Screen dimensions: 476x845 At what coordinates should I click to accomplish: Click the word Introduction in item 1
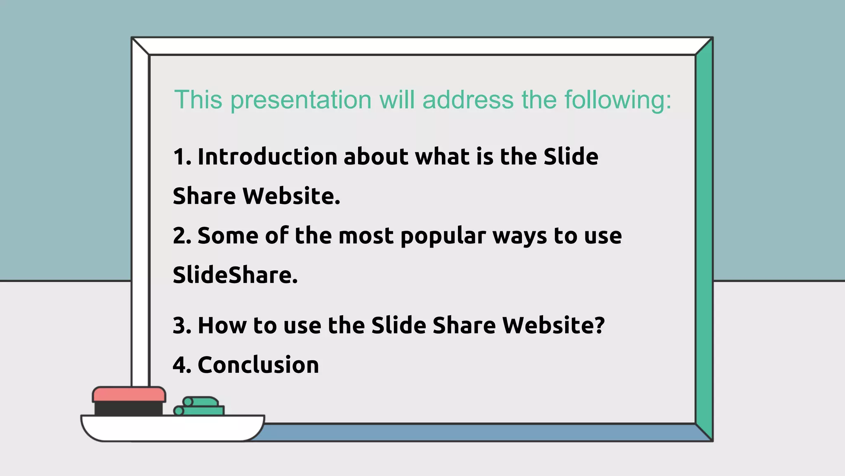[267, 157]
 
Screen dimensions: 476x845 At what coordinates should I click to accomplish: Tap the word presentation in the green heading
[301, 100]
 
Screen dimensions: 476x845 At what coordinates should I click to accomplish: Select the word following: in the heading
[618, 100]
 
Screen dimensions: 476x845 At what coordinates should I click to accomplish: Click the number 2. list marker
[182, 236]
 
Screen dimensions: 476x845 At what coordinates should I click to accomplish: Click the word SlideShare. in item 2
[235, 275]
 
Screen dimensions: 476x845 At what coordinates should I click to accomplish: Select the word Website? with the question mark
[553, 325]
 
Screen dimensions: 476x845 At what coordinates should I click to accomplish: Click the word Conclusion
[258, 365]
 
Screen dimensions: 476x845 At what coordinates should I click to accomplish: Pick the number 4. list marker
[182, 365]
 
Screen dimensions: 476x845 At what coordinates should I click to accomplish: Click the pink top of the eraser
[129, 394]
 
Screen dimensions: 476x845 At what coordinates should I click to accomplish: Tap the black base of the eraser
[128, 409]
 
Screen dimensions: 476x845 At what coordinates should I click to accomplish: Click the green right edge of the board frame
[704, 240]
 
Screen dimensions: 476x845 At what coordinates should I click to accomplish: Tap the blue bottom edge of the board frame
[474, 432]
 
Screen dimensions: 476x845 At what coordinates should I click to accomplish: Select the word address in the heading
[468, 100]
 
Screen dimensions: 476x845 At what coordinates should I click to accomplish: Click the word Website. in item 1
[291, 196]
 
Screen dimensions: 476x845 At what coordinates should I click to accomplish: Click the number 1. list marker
[182, 157]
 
